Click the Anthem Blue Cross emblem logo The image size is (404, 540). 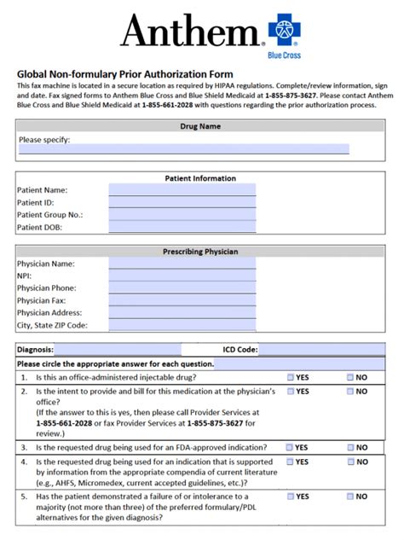[286, 31]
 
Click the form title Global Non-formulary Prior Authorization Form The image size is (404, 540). [124, 74]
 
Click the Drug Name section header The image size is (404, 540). [201, 126]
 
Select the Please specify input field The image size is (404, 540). [183, 149]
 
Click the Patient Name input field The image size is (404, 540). [182, 190]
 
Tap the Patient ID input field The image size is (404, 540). [182, 203]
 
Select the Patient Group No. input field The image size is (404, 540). [182, 215]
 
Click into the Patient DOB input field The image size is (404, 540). [182, 228]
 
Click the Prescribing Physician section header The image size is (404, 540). [201, 252]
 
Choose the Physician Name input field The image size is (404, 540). [182, 264]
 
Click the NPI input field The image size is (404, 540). [182, 276]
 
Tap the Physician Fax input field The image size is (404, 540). [182, 300]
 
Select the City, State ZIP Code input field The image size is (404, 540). [182, 325]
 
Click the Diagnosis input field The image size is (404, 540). [118, 350]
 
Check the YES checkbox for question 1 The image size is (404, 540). [291, 377]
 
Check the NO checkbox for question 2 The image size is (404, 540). [350, 392]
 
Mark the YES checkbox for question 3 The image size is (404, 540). [291, 447]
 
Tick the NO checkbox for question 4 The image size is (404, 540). [350, 462]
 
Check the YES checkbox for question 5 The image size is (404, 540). [291, 496]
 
